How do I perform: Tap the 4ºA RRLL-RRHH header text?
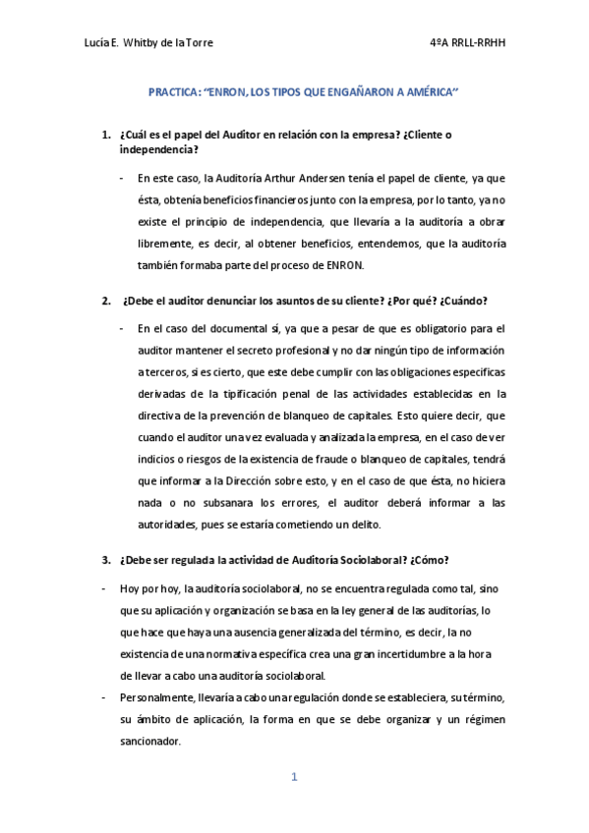[x=472, y=43]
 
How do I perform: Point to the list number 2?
[x=106, y=300]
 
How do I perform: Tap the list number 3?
[x=106, y=560]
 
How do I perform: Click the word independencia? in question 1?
[x=156, y=149]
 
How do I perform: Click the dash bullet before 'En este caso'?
[x=121, y=178]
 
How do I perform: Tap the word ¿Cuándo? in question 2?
[x=461, y=300]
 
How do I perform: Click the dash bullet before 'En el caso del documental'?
[x=121, y=327]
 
